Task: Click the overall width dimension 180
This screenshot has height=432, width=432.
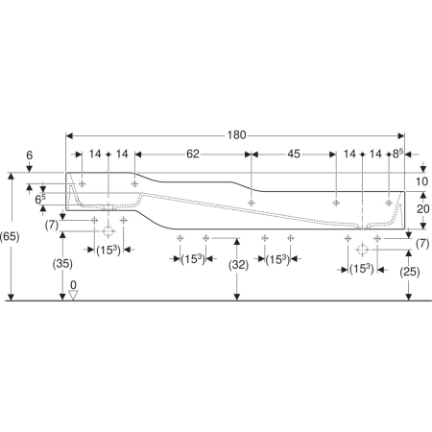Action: point(236,135)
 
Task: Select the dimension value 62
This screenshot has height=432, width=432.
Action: point(193,154)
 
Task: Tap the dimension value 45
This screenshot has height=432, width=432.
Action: point(294,154)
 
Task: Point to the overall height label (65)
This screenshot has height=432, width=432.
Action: point(10,236)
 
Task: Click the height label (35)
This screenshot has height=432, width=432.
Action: point(62,264)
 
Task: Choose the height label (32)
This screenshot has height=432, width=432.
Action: point(238,265)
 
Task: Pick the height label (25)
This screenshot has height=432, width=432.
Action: point(410,272)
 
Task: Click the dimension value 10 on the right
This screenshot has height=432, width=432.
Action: point(421,181)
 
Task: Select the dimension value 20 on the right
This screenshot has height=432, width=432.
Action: point(423,209)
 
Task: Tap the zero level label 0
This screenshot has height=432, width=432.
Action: point(73,284)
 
